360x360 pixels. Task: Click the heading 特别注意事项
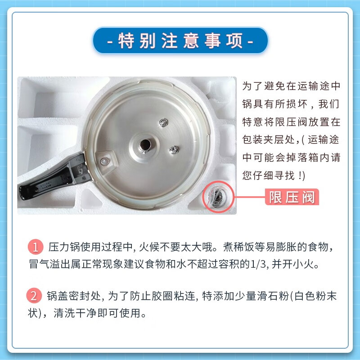pos(180,41)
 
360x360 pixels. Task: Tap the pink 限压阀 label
pos(292,197)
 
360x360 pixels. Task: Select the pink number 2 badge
pos(35,296)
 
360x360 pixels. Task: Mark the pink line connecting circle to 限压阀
pos(250,197)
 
